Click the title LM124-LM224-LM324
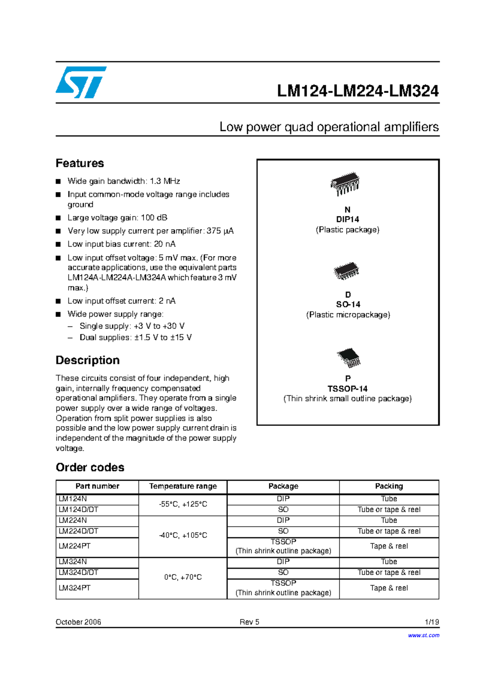pos(358,91)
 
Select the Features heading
pos(80,163)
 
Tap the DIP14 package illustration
pos(345,183)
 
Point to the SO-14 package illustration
pos(346,270)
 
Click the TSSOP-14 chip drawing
pos(349,357)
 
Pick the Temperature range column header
pos(183,486)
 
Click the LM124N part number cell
pos(73,499)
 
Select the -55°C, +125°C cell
pos(183,504)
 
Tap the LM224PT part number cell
pos(75,546)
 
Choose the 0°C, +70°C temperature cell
pos(183,577)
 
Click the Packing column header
pos(389,486)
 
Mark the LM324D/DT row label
pos(78,573)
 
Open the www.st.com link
pos(424,635)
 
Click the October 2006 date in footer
pos(78,622)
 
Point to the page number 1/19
pos(431,622)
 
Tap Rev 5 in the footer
pos(249,622)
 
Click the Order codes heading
pos(90,467)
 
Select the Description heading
pos(87,360)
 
